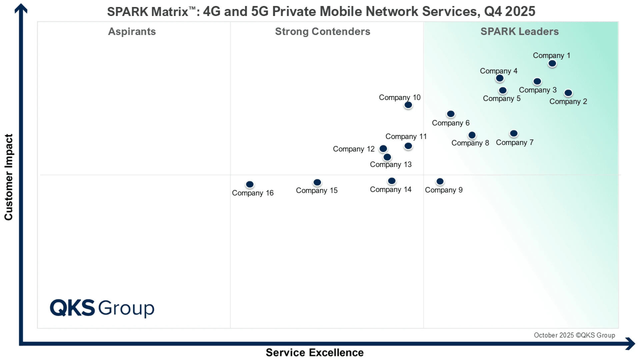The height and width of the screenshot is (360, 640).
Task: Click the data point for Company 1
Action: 552,63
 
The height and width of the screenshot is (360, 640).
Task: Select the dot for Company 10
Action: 408,105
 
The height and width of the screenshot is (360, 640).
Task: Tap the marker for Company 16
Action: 250,184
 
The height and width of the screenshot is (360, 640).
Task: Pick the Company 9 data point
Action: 440,181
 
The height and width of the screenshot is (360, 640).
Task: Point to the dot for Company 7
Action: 514,134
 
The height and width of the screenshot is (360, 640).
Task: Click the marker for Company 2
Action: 568,93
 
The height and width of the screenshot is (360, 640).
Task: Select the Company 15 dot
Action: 317,182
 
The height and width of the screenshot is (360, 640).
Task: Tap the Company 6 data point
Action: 451,114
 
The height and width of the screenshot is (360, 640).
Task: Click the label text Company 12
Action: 354,149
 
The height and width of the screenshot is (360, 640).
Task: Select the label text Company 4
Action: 498,71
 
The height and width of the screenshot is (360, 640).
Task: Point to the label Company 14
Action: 390,190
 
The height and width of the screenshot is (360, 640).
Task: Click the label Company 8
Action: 470,143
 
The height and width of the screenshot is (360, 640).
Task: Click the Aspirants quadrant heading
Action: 132,32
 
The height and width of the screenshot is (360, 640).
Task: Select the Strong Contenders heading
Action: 322,32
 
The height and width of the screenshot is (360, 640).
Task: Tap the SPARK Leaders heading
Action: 519,32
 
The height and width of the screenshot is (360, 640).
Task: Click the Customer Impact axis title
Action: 9,177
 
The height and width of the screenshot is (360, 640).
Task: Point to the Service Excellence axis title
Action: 314,352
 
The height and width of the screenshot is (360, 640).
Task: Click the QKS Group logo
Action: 102,308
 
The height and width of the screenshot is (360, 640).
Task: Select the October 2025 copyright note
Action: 574,335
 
